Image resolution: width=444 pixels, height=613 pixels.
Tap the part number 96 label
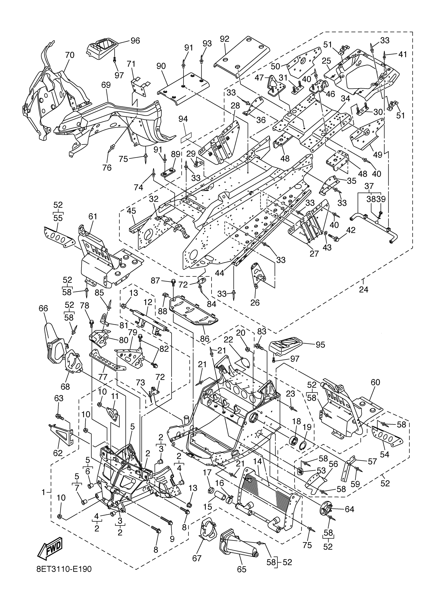pos(135,40)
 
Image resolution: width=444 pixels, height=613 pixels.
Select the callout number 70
pos(69,55)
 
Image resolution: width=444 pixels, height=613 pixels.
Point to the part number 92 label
pos(224,39)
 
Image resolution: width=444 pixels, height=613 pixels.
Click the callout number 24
pos(364,289)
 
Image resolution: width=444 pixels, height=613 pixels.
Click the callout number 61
pos(92,217)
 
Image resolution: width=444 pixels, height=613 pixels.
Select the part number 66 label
pos(43,308)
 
